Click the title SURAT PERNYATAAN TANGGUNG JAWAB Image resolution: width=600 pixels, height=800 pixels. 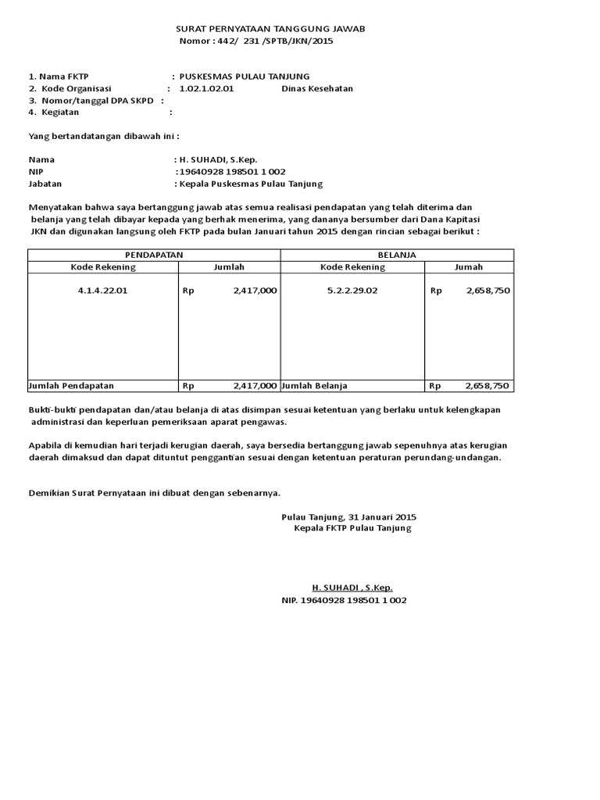click(x=270, y=29)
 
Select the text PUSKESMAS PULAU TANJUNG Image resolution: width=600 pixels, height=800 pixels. click(x=245, y=77)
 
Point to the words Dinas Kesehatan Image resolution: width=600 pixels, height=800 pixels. click(x=317, y=88)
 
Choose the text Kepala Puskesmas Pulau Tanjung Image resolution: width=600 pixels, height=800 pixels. click(x=250, y=184)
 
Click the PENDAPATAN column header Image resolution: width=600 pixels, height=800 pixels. click(x=154, y=255)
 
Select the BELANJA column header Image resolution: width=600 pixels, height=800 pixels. click(x=397, y=255)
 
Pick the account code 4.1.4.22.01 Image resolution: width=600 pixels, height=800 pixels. click(x=103, y=291)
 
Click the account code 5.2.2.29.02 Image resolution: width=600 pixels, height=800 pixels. click(x=352, y=291)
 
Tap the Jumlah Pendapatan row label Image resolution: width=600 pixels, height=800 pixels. click(x=71, y=386)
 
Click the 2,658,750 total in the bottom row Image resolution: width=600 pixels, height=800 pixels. click(x=487, y=386)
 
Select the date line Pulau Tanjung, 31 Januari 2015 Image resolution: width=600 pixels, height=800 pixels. click(x=349, y=517)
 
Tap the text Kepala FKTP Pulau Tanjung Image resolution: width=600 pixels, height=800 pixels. click(x=352, y=529)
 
